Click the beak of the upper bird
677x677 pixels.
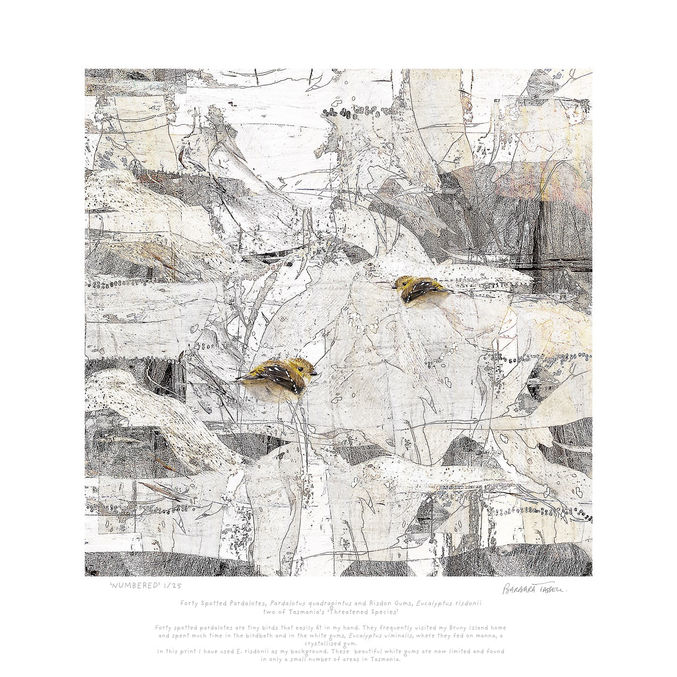[x=394, y=286]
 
